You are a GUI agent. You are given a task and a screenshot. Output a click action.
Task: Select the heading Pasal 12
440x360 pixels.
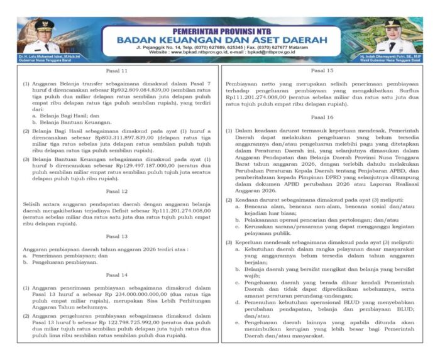coord(117,191)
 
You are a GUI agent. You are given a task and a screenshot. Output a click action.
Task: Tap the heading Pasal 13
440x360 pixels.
coord(117,237)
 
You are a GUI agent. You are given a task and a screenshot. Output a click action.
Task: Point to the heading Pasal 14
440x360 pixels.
coord(117,275)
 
